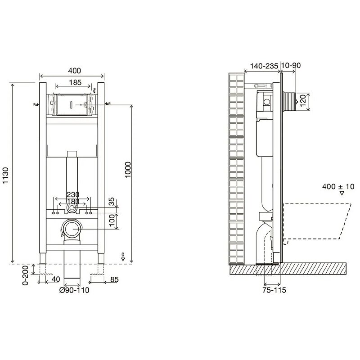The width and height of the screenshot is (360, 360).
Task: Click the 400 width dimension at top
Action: pos(75,71)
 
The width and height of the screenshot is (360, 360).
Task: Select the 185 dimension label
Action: pos(75,82)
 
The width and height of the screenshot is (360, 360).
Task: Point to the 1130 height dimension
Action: pos(5,175)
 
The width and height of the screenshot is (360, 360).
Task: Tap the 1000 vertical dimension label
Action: pos(128,170)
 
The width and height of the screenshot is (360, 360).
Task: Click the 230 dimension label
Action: pos(73,195)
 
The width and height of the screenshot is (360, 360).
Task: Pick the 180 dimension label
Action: pos(73,202)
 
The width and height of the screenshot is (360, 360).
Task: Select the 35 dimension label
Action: pos(111,202)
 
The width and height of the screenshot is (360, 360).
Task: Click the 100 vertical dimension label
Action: pos(112,220)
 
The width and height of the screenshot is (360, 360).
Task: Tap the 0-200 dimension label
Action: pos(25,275)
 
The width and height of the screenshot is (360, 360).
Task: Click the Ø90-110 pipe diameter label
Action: pos(74,290)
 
